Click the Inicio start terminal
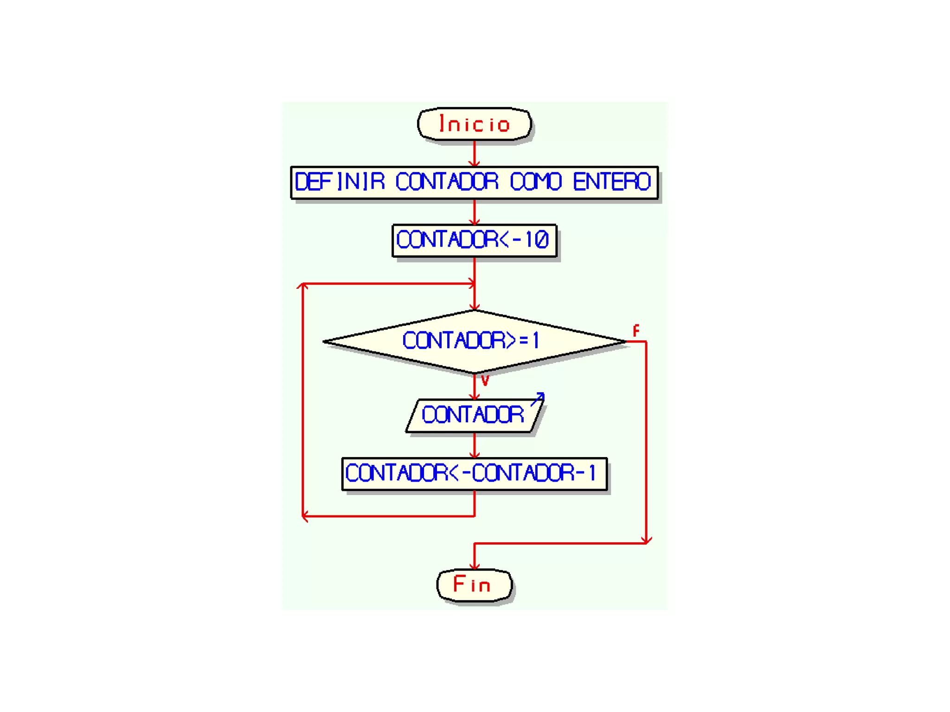tap(474, 124)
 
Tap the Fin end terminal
tap(474, 585)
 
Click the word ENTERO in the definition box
tap(611, 181)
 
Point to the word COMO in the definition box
tap(536, 181)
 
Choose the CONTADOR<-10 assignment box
tap(474, 240)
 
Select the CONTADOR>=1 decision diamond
tap(474, 341)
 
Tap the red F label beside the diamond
tap(636, 331)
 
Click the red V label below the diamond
tap(485, 381)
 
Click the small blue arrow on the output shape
tap(538, 398)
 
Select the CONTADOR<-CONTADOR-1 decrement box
tap(474, 473)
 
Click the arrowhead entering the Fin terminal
tap(474, 566)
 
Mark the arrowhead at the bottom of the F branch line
tap(646, 540)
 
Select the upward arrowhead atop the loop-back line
tap(302, 286)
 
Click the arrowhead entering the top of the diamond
tap(474, 306)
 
